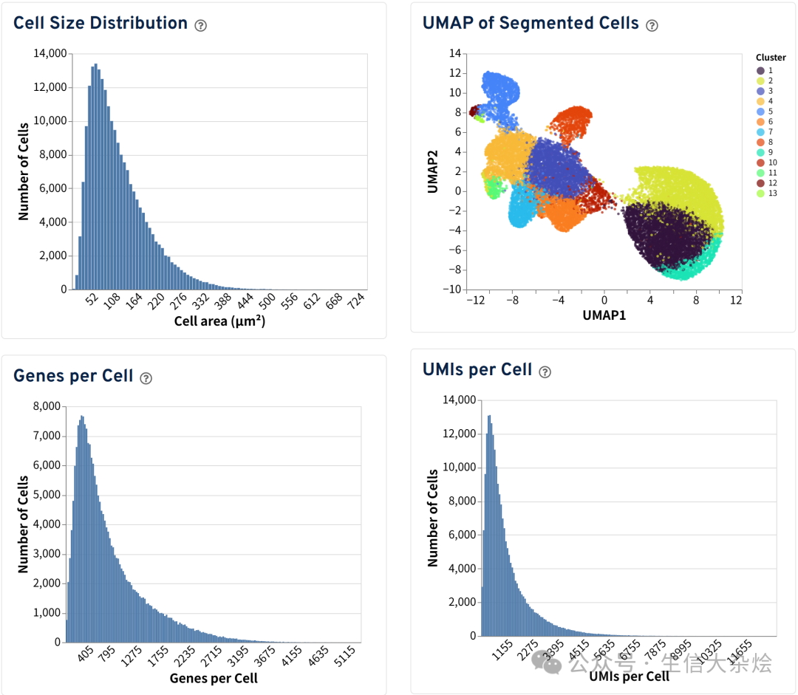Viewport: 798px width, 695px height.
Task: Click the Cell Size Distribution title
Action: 100,23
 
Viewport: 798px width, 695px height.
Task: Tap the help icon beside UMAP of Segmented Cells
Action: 652,25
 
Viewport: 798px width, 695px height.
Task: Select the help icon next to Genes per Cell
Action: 146,378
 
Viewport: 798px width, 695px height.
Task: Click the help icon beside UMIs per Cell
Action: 545,372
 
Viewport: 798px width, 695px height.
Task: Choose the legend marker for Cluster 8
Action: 760,142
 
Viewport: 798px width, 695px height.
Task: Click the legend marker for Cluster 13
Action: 760,194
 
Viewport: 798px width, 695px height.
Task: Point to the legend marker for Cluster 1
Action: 760,70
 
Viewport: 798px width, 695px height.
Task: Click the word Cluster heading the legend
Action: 771,58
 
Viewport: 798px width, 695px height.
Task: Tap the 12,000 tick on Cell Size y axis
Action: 50,87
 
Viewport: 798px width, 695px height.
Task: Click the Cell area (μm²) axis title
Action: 219,321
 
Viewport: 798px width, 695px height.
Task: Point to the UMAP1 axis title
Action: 604,315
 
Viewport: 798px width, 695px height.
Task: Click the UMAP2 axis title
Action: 433,171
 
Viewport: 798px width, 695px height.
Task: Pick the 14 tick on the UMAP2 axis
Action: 455,53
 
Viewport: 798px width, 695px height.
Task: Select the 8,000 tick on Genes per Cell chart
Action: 46,406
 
